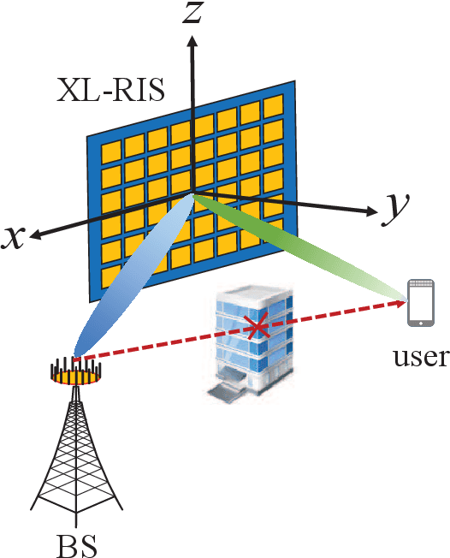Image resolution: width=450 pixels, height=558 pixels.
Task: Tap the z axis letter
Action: [194, 12]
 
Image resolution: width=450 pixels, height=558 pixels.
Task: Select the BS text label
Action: [76, 544]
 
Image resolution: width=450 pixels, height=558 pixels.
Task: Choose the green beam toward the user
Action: [299, 248]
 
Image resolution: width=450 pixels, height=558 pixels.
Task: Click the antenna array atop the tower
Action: [75, 371]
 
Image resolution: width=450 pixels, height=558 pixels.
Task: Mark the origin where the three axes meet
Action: [193, 193]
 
